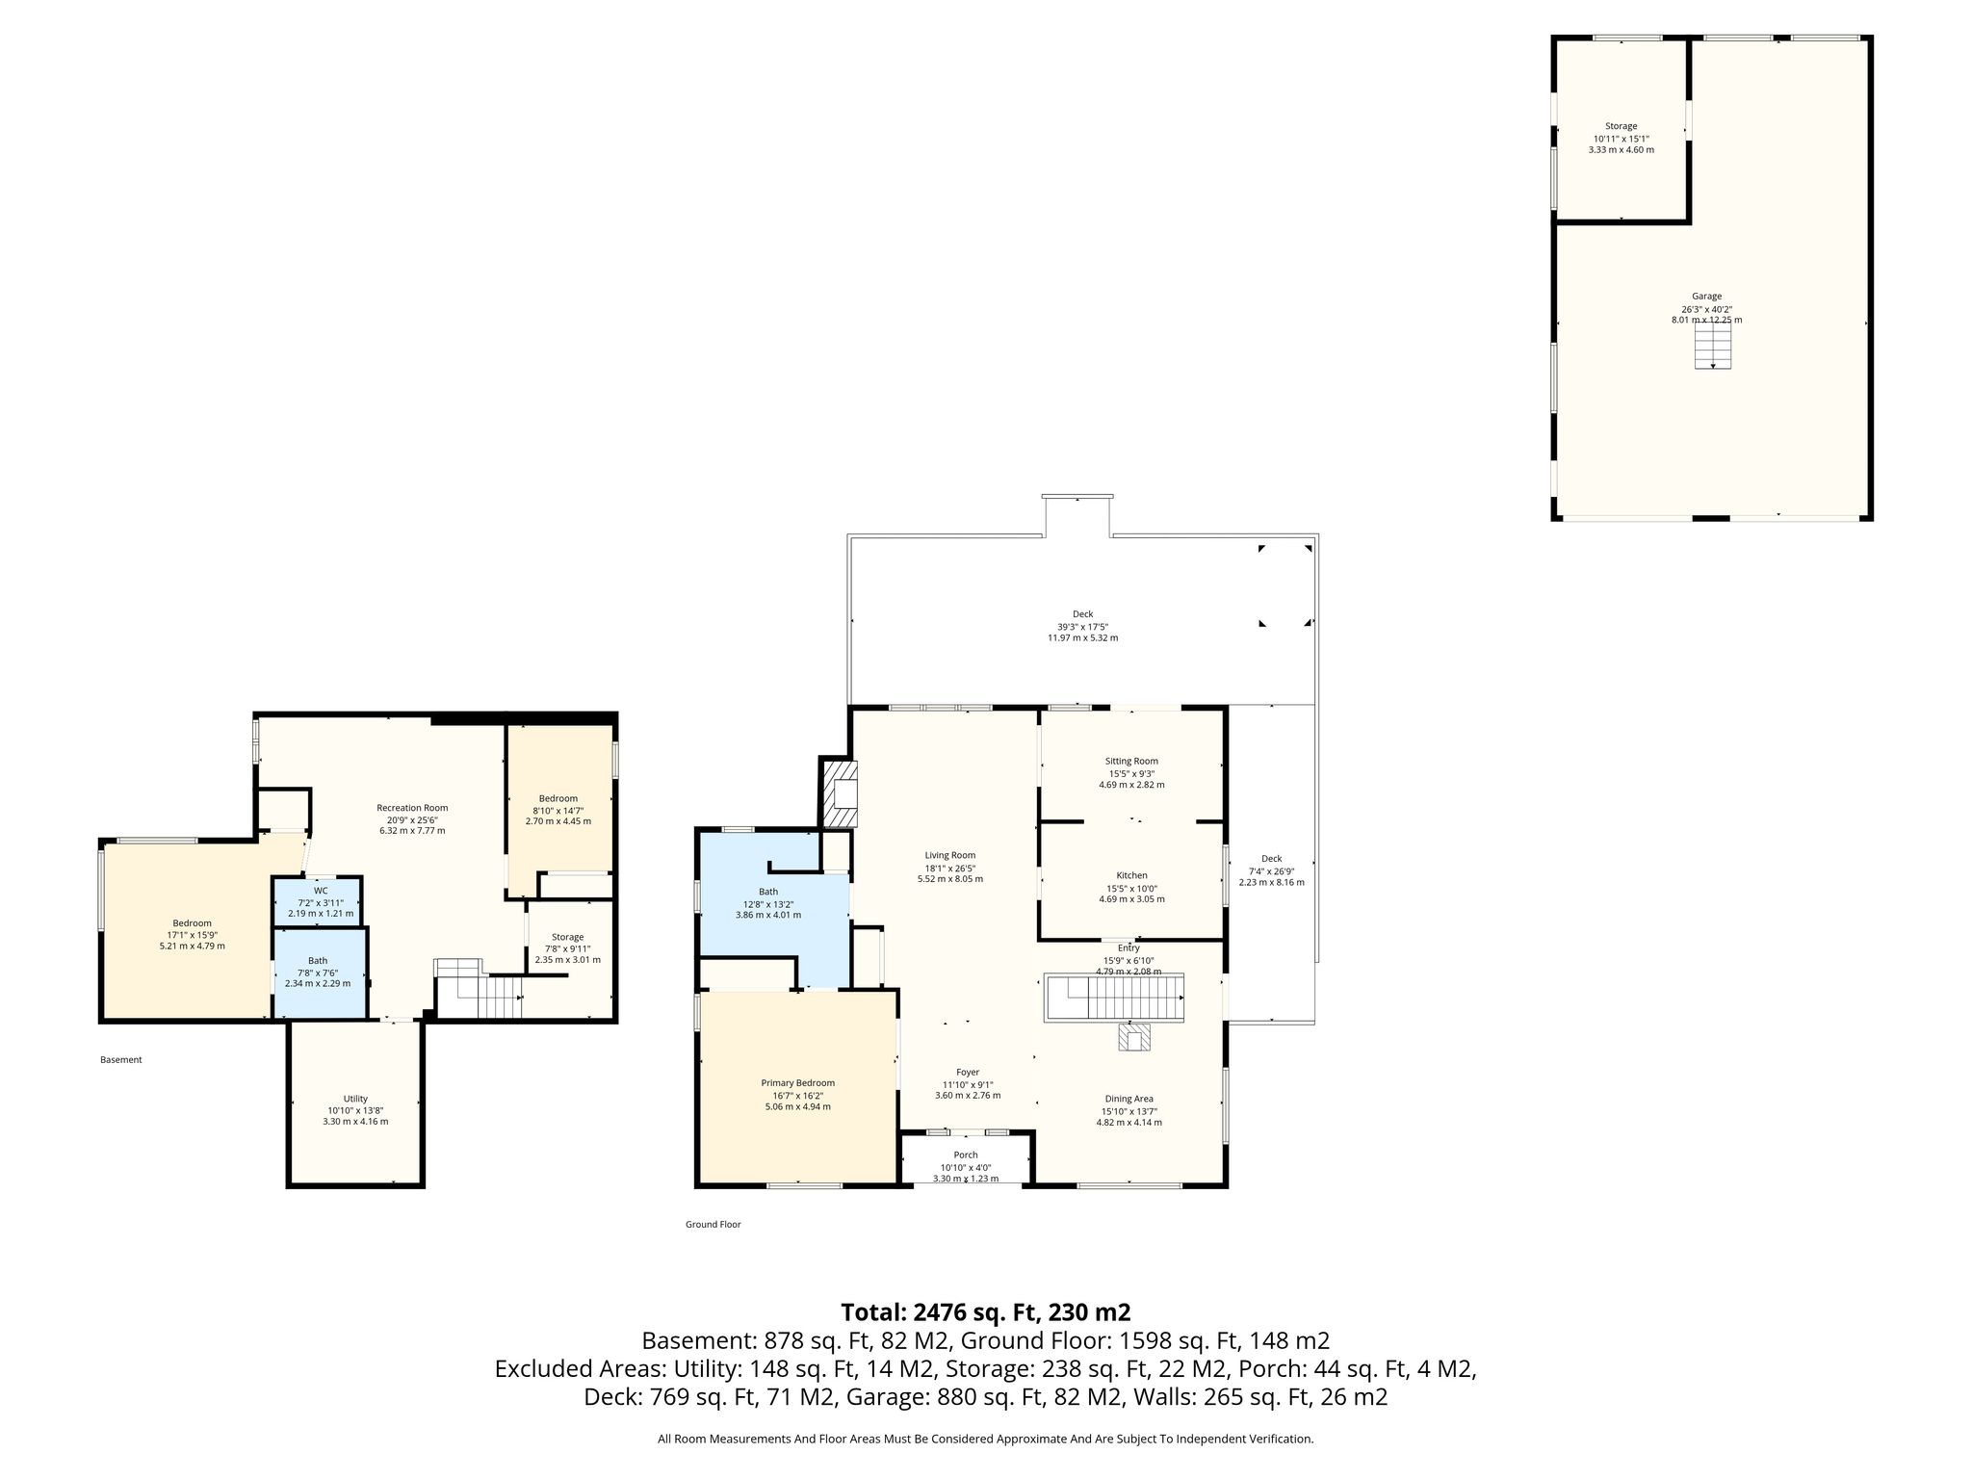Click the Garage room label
[1706, 297]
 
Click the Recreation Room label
[412, 808]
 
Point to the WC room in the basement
[318, 901]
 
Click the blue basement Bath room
[319, 973]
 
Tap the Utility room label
[355, 1099]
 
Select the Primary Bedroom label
[797, 1082]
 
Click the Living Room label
[950, 855]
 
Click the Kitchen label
[1131, 875]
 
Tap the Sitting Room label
[1131, 761]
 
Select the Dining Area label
[1129, 1099]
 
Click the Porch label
[966, 1155]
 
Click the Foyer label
[968, 1072]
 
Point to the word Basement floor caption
[121, 1060]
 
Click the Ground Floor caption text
[714, 1225]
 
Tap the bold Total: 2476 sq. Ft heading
[986, 1312]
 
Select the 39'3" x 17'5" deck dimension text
[1083, 626]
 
